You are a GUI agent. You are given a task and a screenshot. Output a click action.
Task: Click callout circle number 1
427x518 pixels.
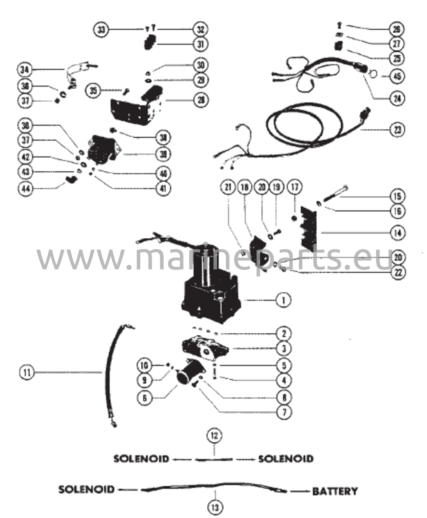tap(284, 300)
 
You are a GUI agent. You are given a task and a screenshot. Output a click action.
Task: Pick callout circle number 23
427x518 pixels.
tap(397, 130)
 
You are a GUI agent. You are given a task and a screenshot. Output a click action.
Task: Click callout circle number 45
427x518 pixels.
tap(397, 76)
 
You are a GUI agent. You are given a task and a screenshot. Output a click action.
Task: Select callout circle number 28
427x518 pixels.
tap(201, 100)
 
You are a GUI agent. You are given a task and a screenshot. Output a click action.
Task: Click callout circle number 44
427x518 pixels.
tap(26, 188)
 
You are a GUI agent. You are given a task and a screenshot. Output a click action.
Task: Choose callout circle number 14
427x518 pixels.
tap(397, 233)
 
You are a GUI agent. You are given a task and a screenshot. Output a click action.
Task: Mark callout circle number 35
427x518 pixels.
tap(93, 91)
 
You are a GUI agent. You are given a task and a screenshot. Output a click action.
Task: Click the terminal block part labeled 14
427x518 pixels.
tap(309, 228)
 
